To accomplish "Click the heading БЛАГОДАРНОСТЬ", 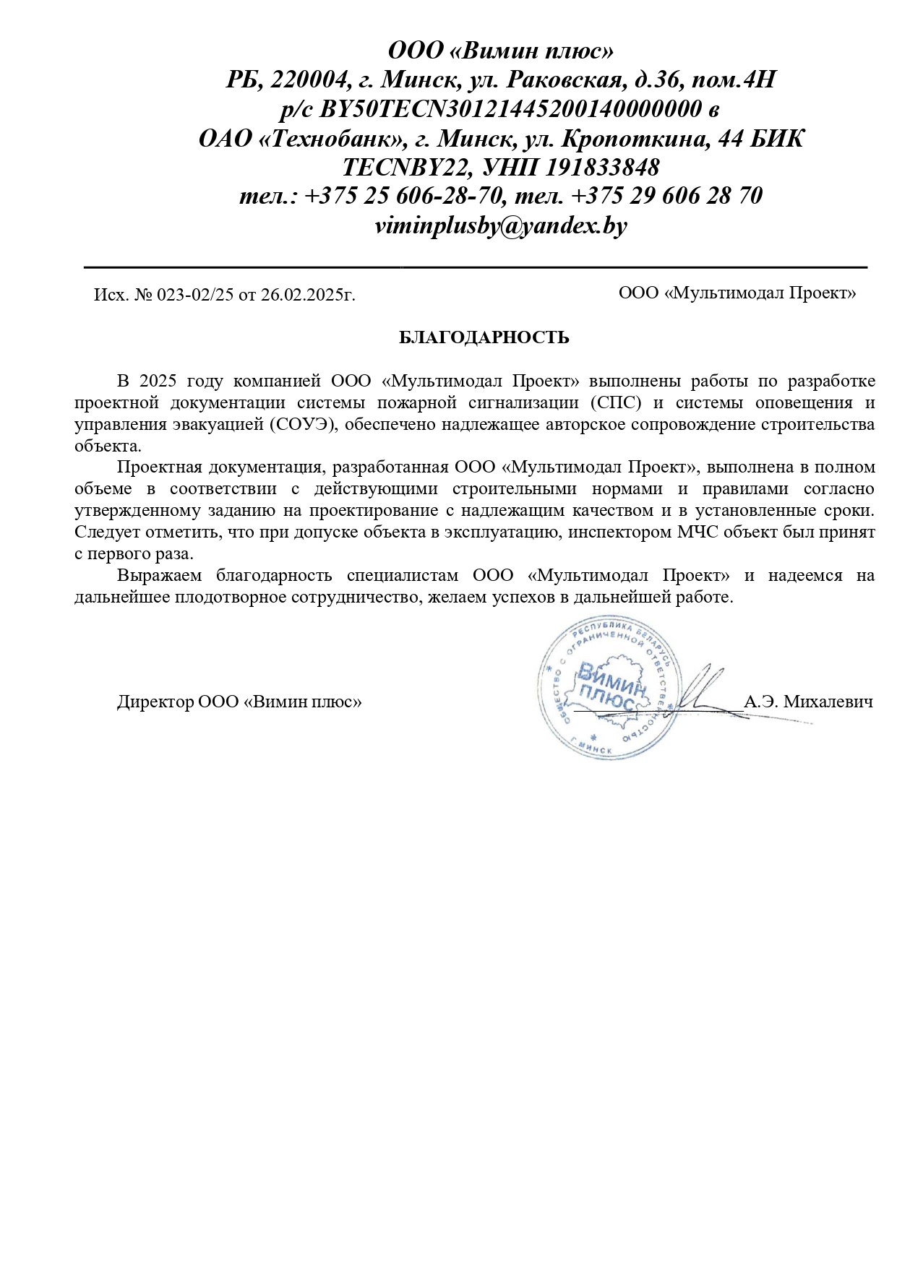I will pyautogui.click(x=484, y=337).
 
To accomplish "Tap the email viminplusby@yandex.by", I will pyautogui.click(x=501, y=225).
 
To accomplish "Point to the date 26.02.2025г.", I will pyautogui.click(x=308, y=295).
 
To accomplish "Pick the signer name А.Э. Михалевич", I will pyautogui.click(x=808, y=701).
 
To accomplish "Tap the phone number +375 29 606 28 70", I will pyautogui.click(x=666, y=196).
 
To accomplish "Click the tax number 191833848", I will pyautogui.click(x=602, y=167).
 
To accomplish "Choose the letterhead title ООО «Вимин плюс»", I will pyautogui.click(x=501, y=51).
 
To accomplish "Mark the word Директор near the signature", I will pyautogui.click(x=155, y=701).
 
